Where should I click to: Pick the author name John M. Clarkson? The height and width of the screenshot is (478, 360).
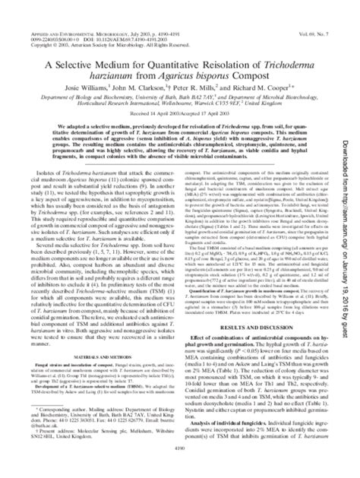pos(142,94)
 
